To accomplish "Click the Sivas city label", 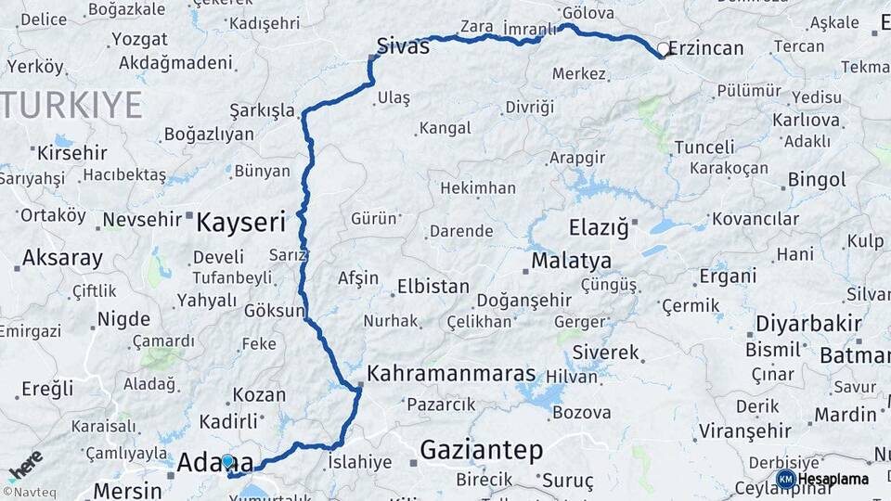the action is (404, 45).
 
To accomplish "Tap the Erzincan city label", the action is (706, 48).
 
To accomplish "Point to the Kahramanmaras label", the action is (452, 374).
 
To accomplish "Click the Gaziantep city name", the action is (481, 450).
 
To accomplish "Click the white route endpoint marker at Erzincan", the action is (663, 48).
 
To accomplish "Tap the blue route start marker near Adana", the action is (227, 461).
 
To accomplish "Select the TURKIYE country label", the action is (71, 105).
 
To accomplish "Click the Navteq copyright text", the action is (26, 492).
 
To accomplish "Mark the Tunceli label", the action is (704, 147).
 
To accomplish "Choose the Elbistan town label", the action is (433, 287).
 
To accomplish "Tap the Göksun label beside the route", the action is (274, 311).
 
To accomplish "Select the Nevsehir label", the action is (139, 220).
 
